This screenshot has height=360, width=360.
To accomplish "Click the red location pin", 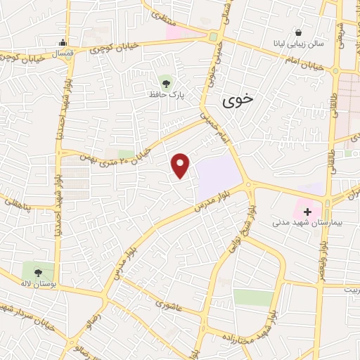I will pyautogui.click(x=181, y=164).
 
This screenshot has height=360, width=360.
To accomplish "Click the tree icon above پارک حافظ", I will pyautogui.click(x=166, y=80).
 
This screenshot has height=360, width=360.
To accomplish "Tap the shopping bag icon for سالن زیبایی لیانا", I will pyautogui.click(x=299, y=32).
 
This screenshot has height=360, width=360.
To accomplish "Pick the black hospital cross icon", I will pyautogui.click(x=307, y=210).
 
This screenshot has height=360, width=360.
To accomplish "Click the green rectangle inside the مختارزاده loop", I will pyautogui.click(x=253, y=297).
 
